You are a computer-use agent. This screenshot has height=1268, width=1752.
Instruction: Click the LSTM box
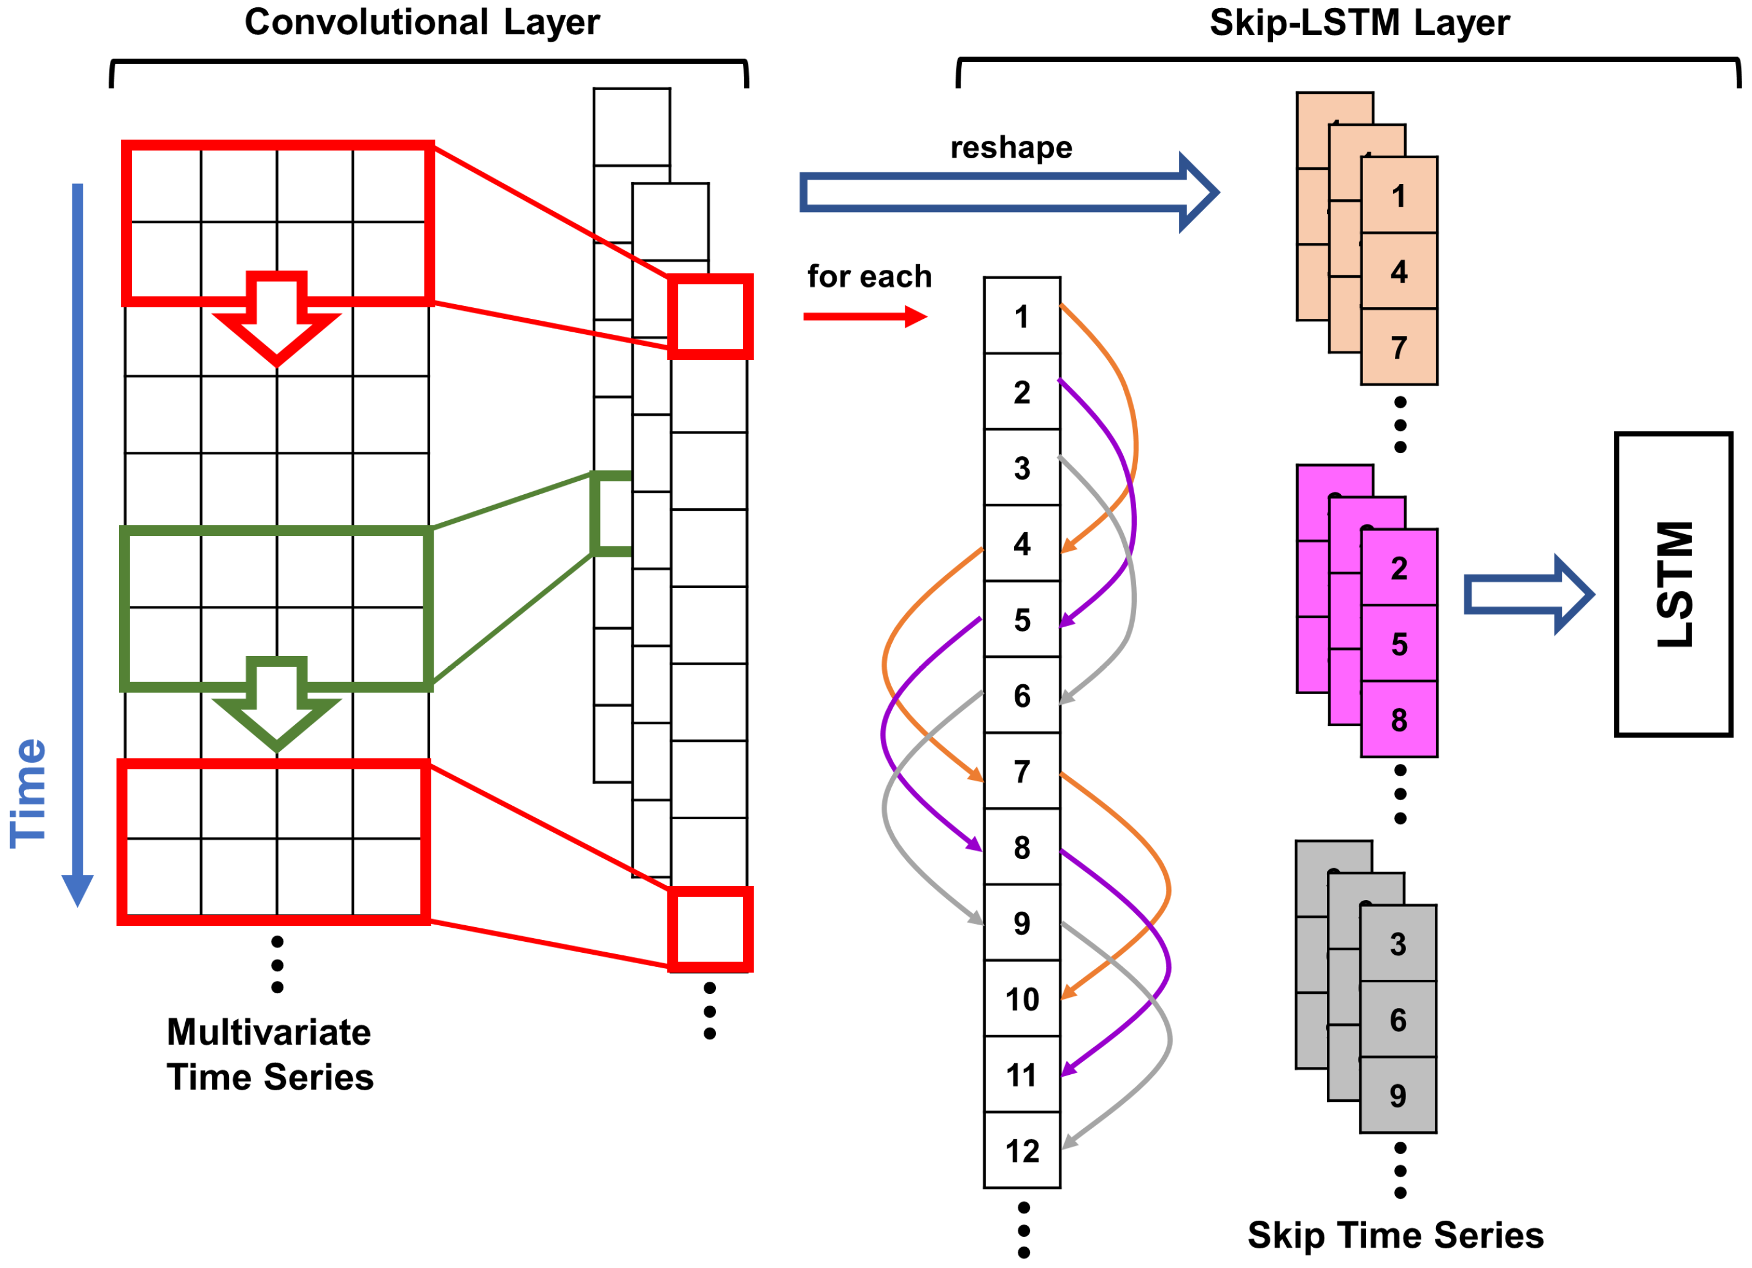[x=1673, y=584]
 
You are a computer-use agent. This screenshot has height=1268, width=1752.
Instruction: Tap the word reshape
[x=1010, y=148]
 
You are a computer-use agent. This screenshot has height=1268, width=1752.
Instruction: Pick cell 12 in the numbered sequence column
[x=1021, y=1152]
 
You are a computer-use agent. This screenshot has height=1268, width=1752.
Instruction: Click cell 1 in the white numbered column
[x=1021, y=316]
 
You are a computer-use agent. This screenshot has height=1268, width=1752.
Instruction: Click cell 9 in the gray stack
[x=1397, y=1095]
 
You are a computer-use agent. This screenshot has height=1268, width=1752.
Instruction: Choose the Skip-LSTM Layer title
[x=1359, y=23]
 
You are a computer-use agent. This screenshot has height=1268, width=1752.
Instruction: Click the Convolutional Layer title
[x=422, y=23]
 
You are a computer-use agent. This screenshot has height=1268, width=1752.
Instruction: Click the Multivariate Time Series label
[x=269, y=1055]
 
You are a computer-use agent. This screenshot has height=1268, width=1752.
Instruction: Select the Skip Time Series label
[x=1395, y=1236]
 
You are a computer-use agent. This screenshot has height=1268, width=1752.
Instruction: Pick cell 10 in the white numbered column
[x=1021, y=999]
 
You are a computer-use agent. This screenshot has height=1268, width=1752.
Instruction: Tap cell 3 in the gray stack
[x=1397, y=944]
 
